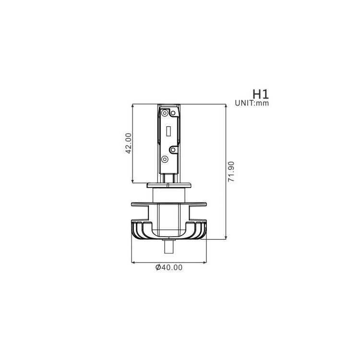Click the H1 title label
[x=260, y=94]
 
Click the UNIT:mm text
[x=252, y=103]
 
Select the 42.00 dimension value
[x=129, y=143]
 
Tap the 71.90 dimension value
[x=231, y=171]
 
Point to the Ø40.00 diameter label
[x=169, y=267]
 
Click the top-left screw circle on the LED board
[x=165, y=113]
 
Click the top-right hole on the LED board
[x=173, y=113]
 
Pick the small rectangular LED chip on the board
[x=168, y=131]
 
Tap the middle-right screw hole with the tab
[x=173, y=150]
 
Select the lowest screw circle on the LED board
[x=165, y=159]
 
